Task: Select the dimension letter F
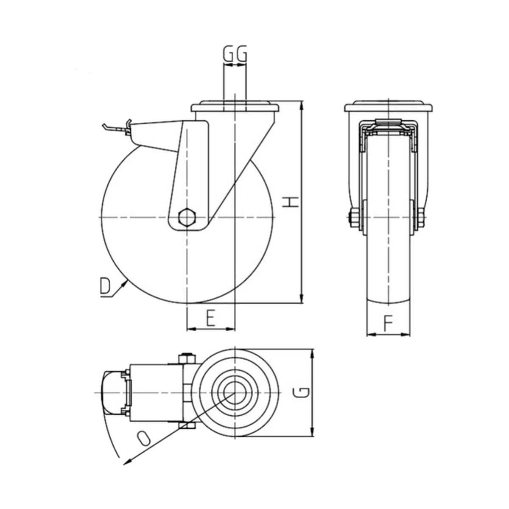coord(388,323)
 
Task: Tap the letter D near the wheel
coord(105,285)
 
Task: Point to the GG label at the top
coord(235,54)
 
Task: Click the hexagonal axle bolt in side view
coord(187,217)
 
